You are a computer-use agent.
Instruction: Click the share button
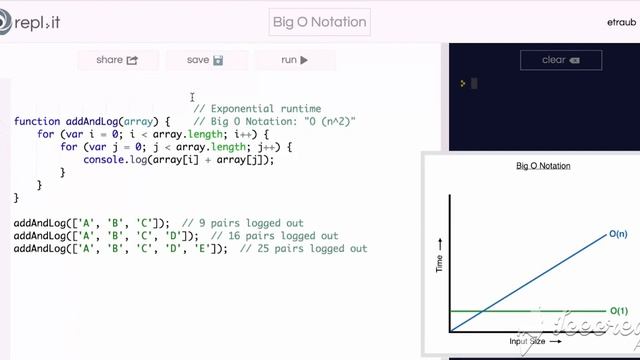click(116, 60)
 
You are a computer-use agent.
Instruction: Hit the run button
click(294, 60)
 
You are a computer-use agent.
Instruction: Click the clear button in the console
click(559, 60)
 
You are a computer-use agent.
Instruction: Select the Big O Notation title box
click(320, 21)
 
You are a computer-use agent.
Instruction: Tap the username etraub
click(620, 21)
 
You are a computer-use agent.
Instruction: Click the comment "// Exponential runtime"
click(257, 108)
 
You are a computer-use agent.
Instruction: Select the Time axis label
click(439, 264)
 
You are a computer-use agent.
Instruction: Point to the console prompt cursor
click(474, 84)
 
